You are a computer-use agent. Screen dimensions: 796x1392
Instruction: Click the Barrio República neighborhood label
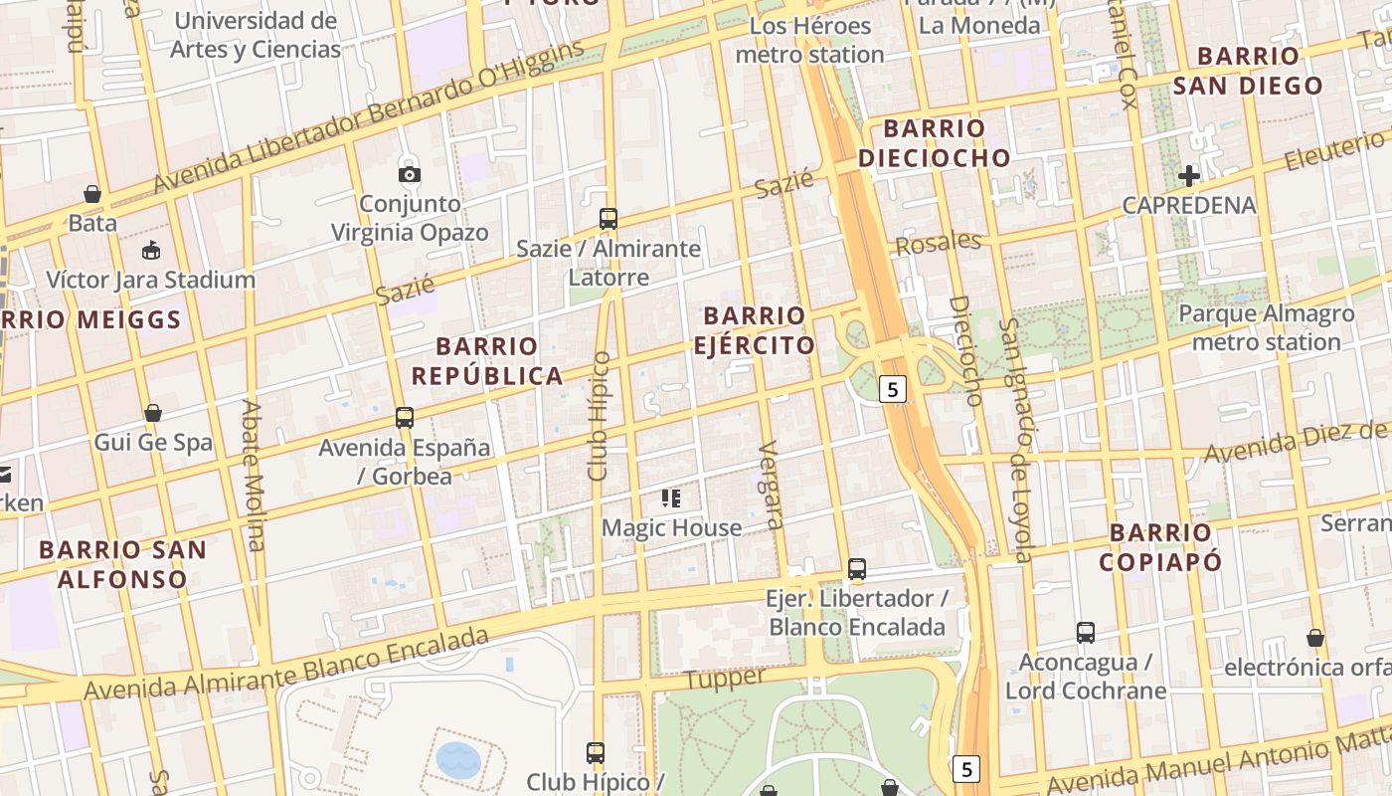click(487, 361)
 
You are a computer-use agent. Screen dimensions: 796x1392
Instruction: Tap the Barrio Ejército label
click(755, 331)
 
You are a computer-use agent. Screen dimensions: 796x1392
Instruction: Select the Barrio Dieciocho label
click(934, 143)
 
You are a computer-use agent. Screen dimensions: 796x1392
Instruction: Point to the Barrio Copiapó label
click(1160, 547)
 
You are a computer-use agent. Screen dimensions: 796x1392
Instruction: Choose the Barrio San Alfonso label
click(122, 564)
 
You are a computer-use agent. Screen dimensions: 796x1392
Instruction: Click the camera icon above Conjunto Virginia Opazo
click(409, 175)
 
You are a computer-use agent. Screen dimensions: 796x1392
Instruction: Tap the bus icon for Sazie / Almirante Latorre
click(609, 219)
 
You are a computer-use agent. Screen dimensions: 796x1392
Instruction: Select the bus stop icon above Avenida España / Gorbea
click(405, 418)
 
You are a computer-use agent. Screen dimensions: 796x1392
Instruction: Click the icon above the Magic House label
click(671, 497)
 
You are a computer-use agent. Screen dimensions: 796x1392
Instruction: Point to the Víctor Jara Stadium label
click(151, 280)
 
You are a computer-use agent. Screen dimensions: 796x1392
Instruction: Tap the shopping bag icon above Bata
click(92, 194)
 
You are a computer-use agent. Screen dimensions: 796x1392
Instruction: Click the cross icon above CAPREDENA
click(1189, 177)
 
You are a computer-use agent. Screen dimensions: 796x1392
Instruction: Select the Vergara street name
click(771, 485)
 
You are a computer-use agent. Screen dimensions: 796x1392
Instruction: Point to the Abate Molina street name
click(254, 475)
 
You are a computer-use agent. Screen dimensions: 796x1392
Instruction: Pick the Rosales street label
click(938, 243)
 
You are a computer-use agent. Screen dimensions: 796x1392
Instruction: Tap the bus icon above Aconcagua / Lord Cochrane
click(1086, 633)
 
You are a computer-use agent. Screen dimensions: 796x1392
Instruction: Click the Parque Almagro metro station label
click(1266, 328)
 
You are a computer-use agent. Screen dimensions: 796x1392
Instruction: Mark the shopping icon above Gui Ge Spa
click(153, 413)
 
